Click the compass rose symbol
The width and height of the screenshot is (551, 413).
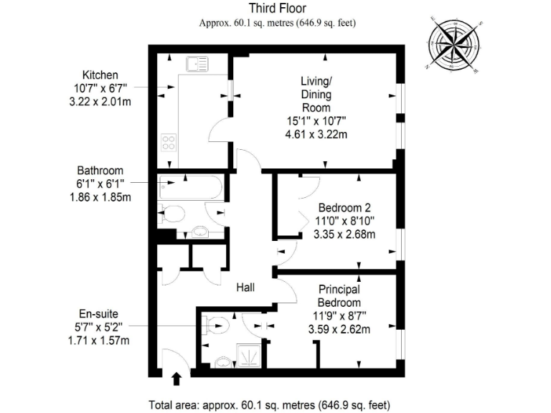tap(456, 42)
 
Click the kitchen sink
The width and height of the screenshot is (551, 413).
tap(196, 65)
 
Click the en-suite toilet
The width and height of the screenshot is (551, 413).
tap(216, 326)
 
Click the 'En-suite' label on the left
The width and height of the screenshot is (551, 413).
tap(99, 314)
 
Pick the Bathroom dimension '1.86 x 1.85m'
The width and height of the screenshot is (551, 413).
tap(100, 196)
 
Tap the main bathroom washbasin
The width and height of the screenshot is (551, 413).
tap(201, 232)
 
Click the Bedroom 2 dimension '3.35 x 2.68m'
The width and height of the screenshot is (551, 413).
tap(347, 234)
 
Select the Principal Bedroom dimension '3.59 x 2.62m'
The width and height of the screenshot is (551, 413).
tap(339, 330)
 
